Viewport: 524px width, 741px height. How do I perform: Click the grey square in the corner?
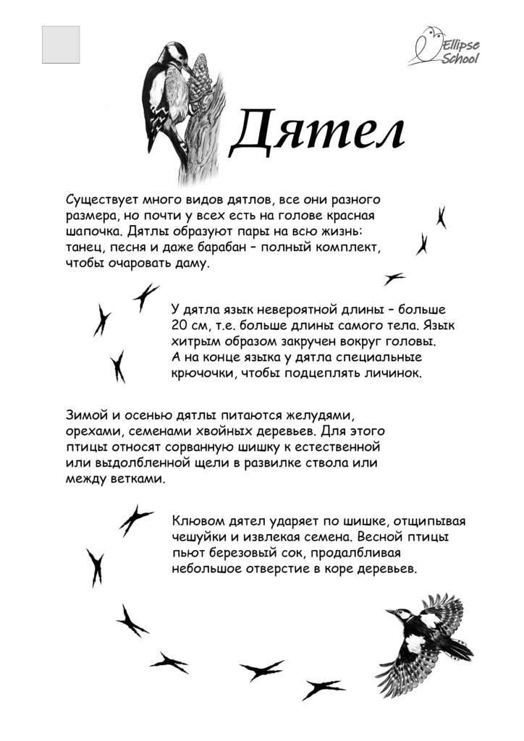tap(61, 45)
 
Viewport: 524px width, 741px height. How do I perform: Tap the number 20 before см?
tap(179, 326)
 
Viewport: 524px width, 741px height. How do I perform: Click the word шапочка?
tap(88, 232)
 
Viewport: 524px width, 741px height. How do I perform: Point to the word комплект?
tap(347, 247)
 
